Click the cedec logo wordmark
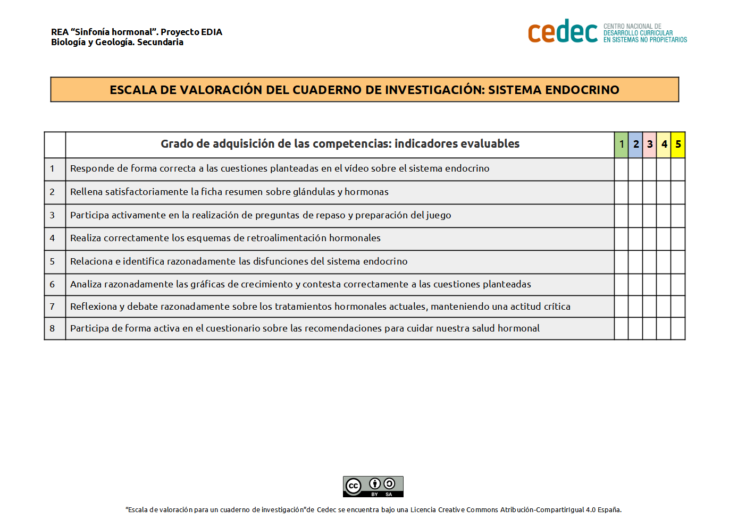pyautogui.click(x=563, y=32)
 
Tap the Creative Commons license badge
pyautogui.click(x=373, y=487)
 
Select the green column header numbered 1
pyautogui.click(x=621, y=144)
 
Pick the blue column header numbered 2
pyautogui.click(x=635, y=144)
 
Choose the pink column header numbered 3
pyautogui.click(x=649, y=144)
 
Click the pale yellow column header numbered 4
pyautogui.click(x=664, y=144)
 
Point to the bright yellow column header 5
pyautogui.click(x=678, y=144)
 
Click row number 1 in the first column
pyautogui.click(x=52, y=169)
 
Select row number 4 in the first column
pyautogui.click(x=52, y=239)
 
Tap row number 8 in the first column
pyautogui.click(x=52, y=329)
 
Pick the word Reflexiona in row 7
pyautogui.click(x=94, y=307)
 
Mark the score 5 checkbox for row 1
pyautogui.click(x=678, y=169)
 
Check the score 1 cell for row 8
pyautogui.click(x=621, y=329)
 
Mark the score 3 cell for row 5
pyautogui.click(x=649, y=262)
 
